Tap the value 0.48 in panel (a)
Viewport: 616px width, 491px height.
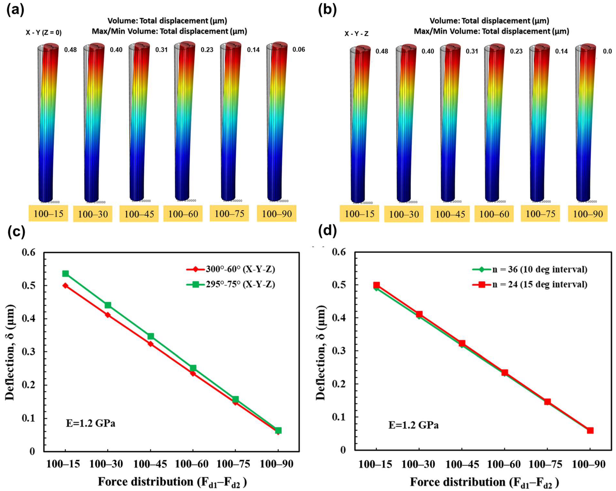point(70,50)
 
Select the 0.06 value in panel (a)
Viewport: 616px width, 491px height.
point(299,50)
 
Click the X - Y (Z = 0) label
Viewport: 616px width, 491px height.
point(43,33)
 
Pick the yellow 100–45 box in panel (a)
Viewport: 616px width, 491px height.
point(139,214)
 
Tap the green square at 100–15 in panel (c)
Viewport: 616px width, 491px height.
point(65,274)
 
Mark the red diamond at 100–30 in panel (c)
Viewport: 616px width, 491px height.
point(108,315)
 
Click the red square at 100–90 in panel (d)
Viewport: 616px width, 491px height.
point(590,430)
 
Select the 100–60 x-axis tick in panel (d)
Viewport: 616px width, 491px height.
point(504,464)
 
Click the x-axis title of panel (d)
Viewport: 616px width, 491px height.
point(484,482)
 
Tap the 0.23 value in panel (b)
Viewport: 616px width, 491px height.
point(516,51)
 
